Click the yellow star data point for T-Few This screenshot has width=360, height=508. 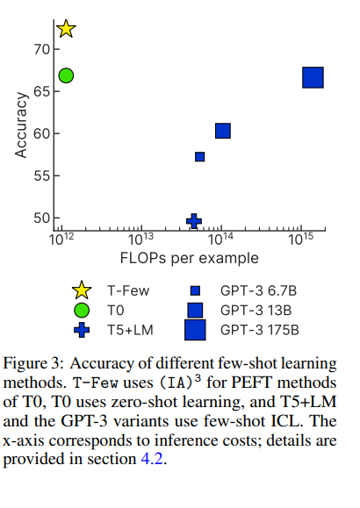pos(66,29)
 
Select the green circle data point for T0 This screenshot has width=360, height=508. pos(66,75)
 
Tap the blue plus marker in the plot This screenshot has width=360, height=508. pos(194,221)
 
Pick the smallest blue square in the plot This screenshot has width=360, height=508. pos(199,157)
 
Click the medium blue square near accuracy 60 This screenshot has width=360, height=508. pos(223,131)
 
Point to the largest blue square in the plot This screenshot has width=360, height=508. pos(313,77)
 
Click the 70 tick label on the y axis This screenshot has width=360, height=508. pos(40,49)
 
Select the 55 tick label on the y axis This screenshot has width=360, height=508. pos(40,175)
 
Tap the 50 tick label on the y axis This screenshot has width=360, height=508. pos(40,218)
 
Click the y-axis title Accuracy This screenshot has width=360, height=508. pos(21,126)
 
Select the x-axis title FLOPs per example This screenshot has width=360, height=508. pos(189,258)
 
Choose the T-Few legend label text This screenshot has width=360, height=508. pos(128,290)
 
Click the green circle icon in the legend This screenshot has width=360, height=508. pos(82,310)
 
